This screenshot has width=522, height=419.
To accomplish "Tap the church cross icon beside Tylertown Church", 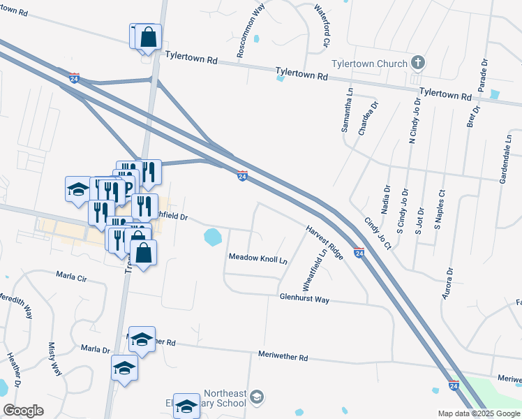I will [417, 64].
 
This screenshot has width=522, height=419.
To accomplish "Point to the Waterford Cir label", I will [321, 26].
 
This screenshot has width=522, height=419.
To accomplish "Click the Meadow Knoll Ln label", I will [258, 258].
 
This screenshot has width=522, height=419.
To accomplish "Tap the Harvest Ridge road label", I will [324, 242].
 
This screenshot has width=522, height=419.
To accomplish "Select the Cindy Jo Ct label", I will [377, 233].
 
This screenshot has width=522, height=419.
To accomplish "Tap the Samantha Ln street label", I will [345, 110].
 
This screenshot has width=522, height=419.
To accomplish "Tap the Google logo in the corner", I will [23, 411].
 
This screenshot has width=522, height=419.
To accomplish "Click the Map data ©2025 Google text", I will [478, 413].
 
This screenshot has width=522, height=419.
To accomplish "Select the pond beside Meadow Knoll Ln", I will [213, 237].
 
